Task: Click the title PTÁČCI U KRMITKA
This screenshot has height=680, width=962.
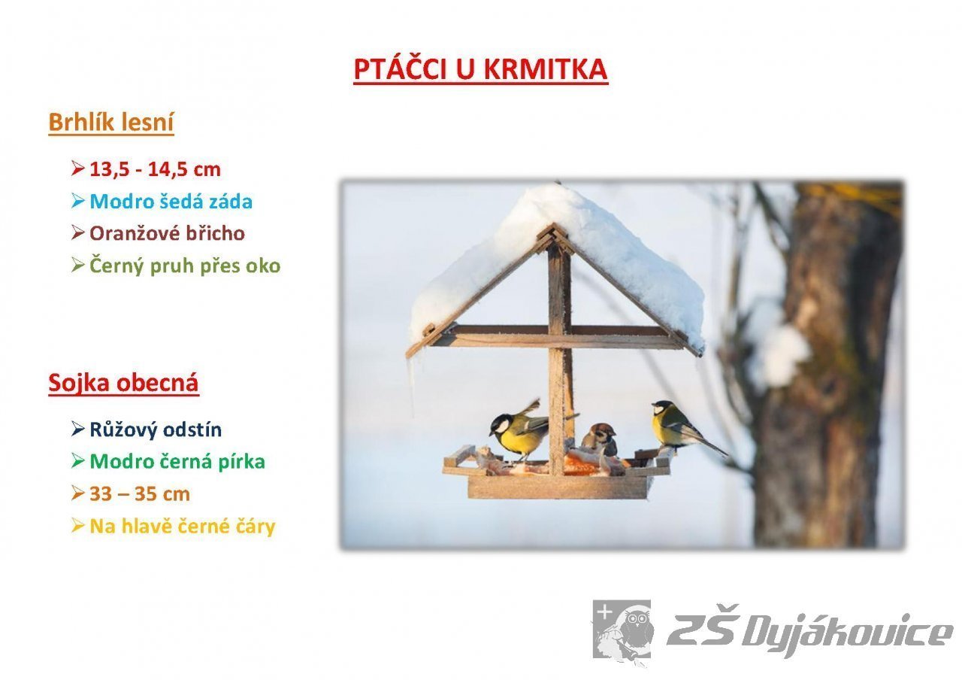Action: (480, 68)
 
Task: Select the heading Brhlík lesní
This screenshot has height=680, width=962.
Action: (111, 122)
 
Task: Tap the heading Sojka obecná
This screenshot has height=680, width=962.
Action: (124, 382)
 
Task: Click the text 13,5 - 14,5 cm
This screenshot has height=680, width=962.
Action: (155, 169)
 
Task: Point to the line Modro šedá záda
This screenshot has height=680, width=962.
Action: (171, 201)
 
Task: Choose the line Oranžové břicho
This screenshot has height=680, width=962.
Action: (167, 233)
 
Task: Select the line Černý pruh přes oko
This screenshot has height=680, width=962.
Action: (185, 266)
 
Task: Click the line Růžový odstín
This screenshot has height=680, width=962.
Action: (156, 430)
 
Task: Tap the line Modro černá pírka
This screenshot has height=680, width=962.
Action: (177, 462)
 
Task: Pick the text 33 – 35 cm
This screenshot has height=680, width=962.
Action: (140, 494)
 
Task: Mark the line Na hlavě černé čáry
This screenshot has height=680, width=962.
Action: (182, 526)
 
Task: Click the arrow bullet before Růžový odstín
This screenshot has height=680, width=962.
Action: (78, 429)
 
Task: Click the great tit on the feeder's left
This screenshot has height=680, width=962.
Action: (519, 431)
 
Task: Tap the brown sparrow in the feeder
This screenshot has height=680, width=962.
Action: (600, 439)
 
